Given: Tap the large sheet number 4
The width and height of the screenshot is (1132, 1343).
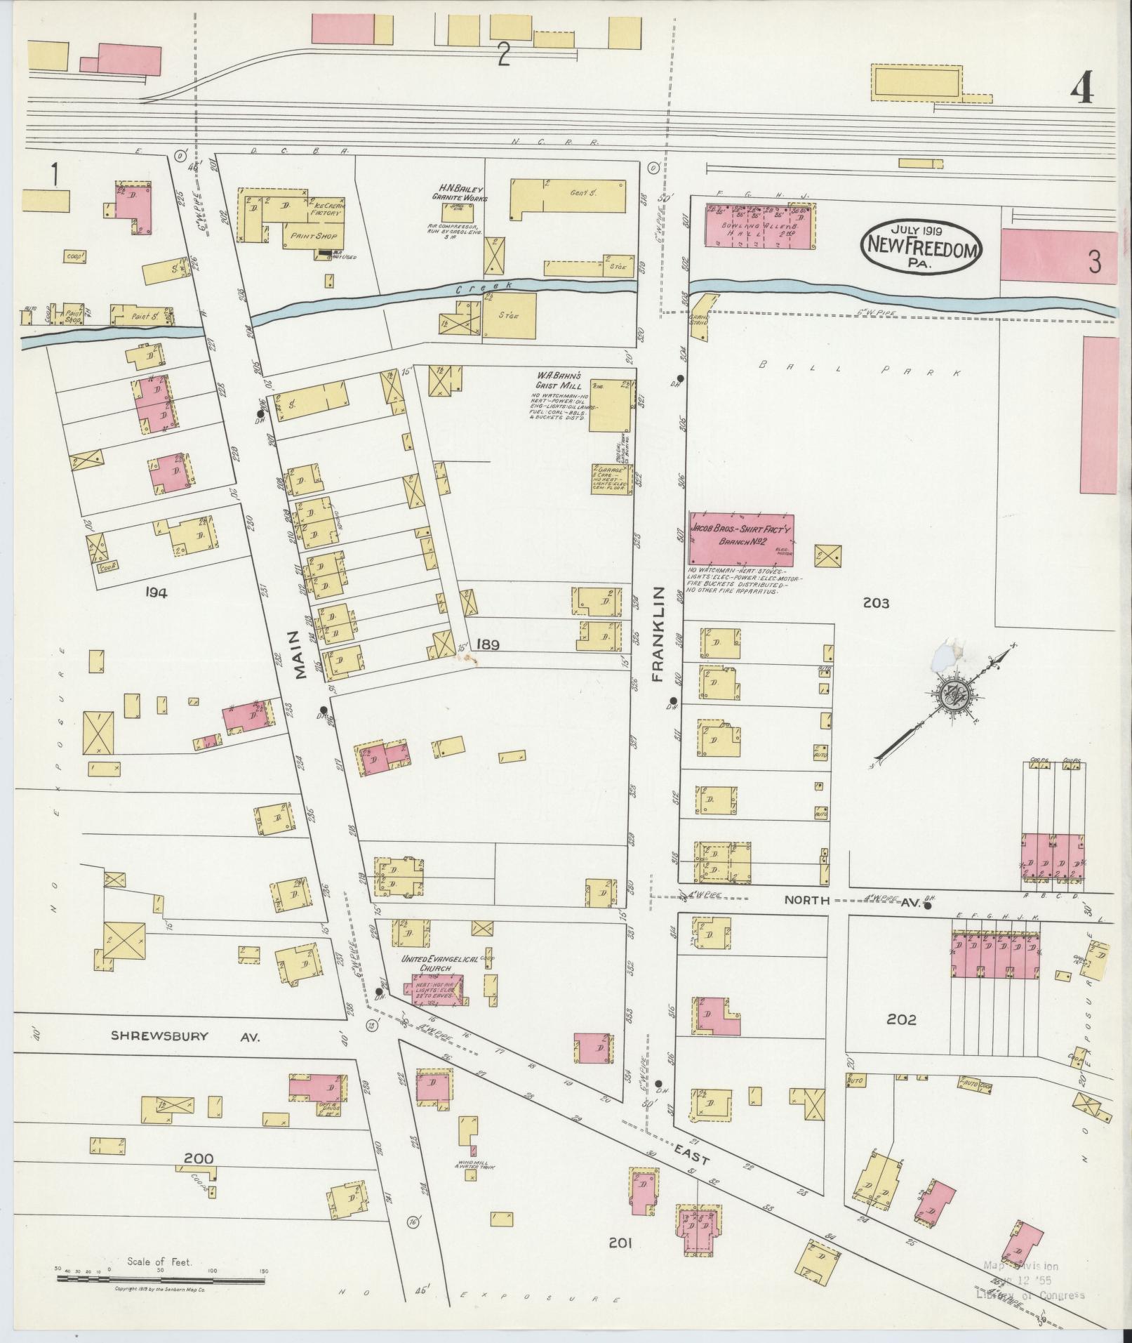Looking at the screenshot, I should pos(1081,88).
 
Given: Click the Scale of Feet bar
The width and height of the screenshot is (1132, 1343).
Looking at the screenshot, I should pos(160,1279).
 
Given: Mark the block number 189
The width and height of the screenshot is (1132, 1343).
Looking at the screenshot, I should pos(486,644).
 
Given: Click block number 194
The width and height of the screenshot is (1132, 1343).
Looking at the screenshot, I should pos(156,593).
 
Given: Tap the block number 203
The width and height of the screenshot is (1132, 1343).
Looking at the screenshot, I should pos(877,602).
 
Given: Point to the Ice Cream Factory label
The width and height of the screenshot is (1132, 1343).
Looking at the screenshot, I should pos(325,209).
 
